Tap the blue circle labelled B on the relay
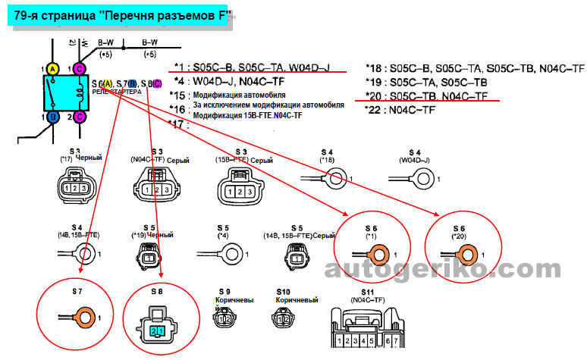[52, 117]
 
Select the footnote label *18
[373, 68]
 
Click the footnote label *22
[373, 110]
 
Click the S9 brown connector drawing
[224, 319]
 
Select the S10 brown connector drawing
[283, 319]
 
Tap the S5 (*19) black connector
[149, 258]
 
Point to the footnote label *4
[179, 81]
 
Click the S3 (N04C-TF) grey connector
[157, 188]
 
